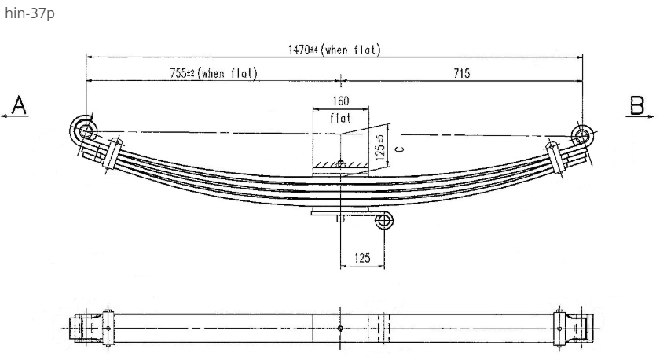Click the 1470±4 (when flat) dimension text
click(x=334, y=50)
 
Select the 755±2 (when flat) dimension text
click(x=214, y=73)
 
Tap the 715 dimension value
click(x=461, y=73)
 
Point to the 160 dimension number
click(x=341, y=101)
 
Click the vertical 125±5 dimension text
click(x=381, y=147)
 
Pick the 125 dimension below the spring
click(x=362, y=258)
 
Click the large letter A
click(x=19, y=105)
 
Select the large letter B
click(x=637, y=105)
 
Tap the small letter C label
click(x=399, y=149)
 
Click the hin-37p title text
click(x=30, y=13)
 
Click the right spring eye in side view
click(x=581, y=136)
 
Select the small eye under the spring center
click(x=383, y=221)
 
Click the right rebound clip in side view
click(x=557, y=157)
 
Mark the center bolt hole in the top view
click(x=340, y=328)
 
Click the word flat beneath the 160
click(x=340, y=117)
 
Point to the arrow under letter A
click(x=14, y=116)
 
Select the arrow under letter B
click(x=640, y=116)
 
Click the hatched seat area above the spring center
click(x=341, y=165)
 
